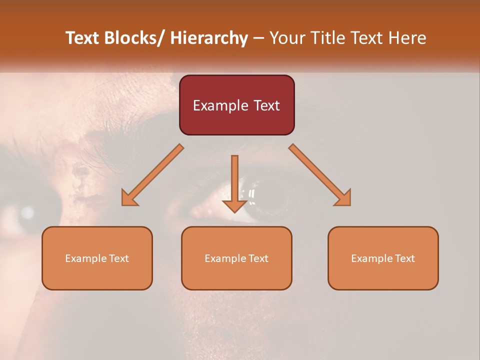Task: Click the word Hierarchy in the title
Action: click(x=209, y=38)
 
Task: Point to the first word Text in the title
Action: click(x=83, y=38)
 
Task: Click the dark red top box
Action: click(x=236, y=105)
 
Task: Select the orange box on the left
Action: click(x=97, y=258)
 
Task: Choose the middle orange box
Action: click(x=236, y=258)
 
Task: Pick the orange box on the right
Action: click(x=383, y=258)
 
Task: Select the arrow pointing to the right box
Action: click(x=319, y=175)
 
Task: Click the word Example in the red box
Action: click(x=220, y=105)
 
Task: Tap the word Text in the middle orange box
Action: click(x=257, y=258)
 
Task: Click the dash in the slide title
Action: click(x=258, y=38)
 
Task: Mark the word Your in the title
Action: click(x=286, y=38)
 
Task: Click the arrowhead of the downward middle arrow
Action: click(x=234, y=206)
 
